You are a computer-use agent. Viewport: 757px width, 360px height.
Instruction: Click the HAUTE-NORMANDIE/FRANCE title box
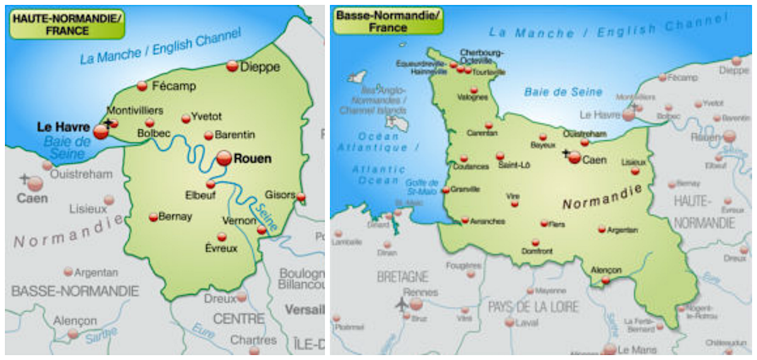[x=67, y=24]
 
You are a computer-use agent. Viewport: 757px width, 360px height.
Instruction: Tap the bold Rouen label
[x=252, y=159]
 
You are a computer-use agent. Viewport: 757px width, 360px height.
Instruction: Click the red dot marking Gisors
[x=301, y=197]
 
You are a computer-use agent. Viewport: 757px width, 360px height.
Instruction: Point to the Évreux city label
[x=221, y=248]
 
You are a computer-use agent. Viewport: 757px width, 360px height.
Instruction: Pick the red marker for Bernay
[x=153, y=217]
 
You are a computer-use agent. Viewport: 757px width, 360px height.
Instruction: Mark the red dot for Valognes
[x=474, y=90]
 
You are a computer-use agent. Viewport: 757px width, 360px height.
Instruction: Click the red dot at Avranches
[x=465, y=220]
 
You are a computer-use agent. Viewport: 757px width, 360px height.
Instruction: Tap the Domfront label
[x=537, y=251]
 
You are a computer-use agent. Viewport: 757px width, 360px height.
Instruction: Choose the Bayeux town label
[x=543, y=145]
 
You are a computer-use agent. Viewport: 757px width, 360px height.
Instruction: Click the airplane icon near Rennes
[x=401, y=304]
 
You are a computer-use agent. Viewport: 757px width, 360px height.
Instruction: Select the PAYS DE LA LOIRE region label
[x=533, y=307]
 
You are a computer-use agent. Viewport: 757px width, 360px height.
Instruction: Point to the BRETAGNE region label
[x=402, y=277]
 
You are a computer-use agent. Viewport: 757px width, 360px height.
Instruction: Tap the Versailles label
[x=305, y=310]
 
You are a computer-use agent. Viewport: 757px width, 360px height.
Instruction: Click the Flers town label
[x=557, y=224]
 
